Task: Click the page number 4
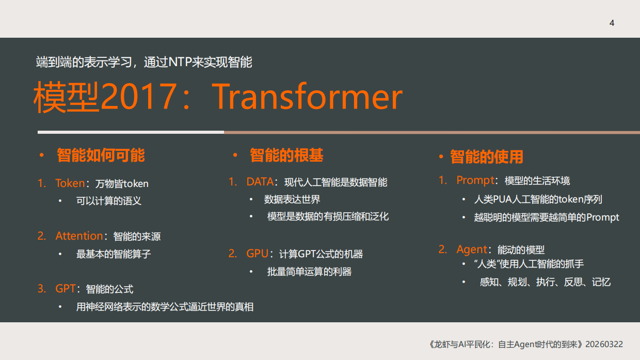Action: [x=612, y=23]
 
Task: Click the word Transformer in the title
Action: [x=307, y=97]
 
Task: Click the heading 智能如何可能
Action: [x=101, y=155]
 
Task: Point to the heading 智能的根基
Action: [x=286, y=155]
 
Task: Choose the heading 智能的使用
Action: [x=487, y=156]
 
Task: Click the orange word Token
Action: [x=70, y=183]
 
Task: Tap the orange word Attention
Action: [x=79, y=236]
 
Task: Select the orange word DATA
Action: [x=260, y=182]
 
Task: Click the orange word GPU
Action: [x=257, y=254]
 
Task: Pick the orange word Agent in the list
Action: [x=472, y=249]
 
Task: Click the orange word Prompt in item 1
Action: [x=475, y=180]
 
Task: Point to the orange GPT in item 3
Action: [x=66, y=289]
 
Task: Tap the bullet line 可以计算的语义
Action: [x=109, y=201]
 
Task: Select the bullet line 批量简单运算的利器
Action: [x=309, y=272]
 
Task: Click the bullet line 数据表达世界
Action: [x=292, y=199]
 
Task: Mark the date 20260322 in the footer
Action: [x=604, y=344]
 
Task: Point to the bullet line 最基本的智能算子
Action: [x=114, y=254]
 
